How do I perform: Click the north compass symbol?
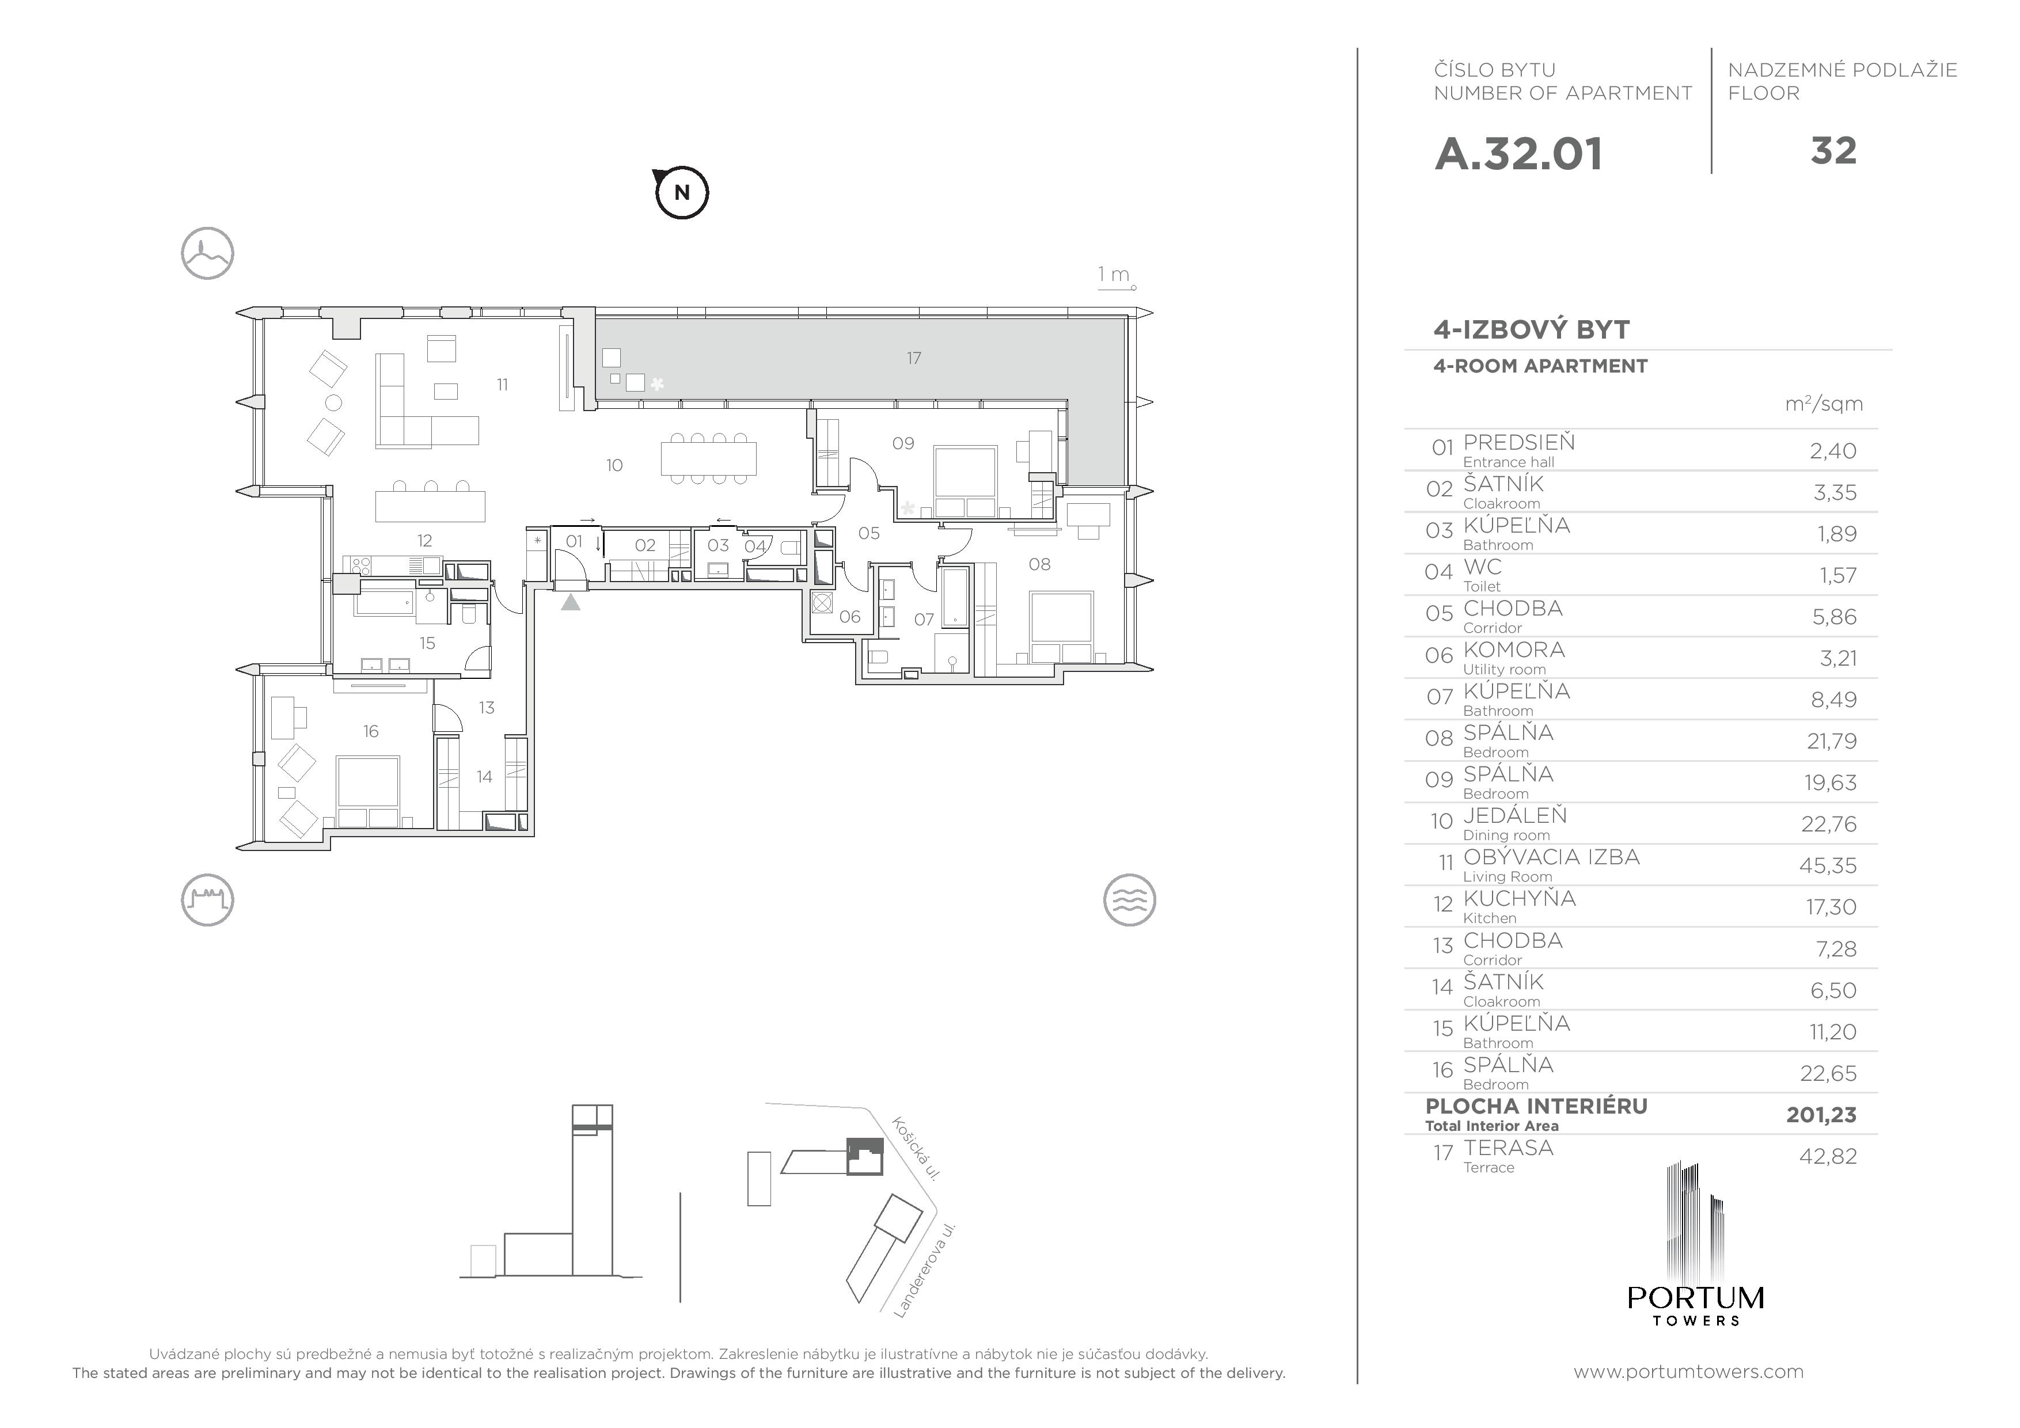(x=682, y=192)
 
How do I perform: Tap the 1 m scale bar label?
(x=1114, y=275)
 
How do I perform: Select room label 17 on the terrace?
(x=913, y=358)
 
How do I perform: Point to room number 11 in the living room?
(x=502, y=385)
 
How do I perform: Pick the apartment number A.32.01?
(x=1518, y=154)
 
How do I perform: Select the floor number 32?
(x=1833, y=151)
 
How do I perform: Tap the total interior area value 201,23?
(x=1821, y=1115)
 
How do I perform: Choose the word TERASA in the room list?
(x=1509, y=1148)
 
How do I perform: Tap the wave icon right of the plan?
(x=1129, y=900)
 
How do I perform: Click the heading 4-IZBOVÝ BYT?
(x=1532, y=330)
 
